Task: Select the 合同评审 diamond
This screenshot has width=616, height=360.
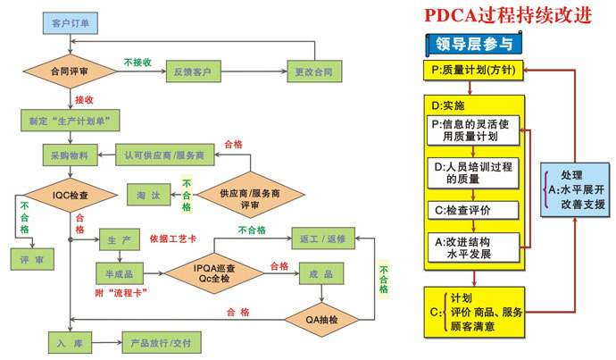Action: pos(69,71)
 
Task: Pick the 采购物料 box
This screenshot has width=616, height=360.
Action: pos(69,155)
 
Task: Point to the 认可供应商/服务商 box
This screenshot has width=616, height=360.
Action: pos(165,155)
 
